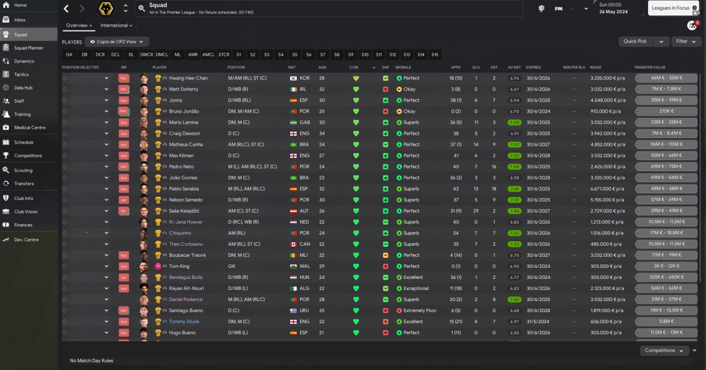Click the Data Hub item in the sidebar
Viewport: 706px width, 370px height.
(23, 88)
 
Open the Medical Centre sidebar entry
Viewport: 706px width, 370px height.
(30, 128)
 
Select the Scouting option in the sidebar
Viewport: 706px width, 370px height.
(23, 170)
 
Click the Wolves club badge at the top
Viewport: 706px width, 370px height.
(105, 9)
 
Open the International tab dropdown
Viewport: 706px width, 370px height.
(116, 25)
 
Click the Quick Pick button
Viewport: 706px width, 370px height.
(635, 41)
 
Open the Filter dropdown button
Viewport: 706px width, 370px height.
(686, 41)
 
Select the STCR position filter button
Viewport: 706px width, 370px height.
(223, 55)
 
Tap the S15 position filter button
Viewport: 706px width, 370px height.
(435, 55)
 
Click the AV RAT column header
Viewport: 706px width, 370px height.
(514, 67)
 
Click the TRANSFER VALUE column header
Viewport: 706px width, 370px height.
(650, 67)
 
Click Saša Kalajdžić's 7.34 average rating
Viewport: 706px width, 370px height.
(515, 211)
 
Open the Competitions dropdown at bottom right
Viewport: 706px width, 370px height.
(664, 350)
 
